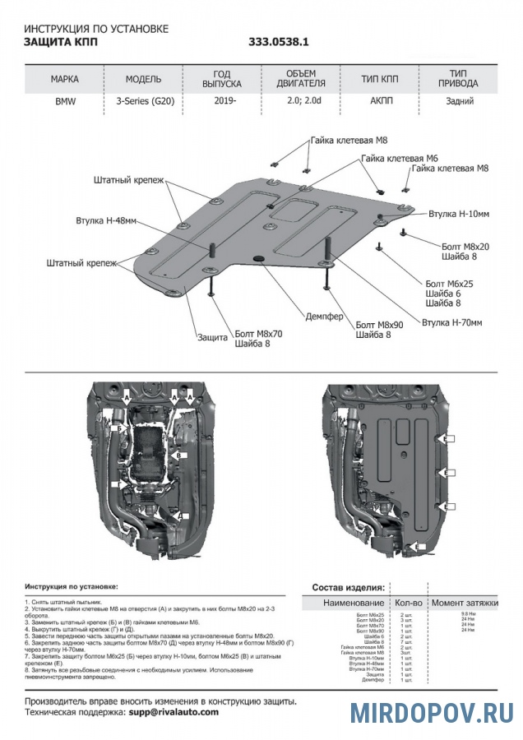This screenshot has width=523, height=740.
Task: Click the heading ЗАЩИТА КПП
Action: tap(59, 42)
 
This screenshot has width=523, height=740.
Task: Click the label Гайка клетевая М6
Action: tap(399, 158)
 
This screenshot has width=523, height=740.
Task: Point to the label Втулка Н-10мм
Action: tap(459, 214)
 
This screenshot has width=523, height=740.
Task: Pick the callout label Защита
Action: tap(212, 337)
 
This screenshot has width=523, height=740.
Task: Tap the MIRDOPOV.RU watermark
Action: tap(432, 712)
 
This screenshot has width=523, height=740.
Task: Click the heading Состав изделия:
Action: tap(348, 588)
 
